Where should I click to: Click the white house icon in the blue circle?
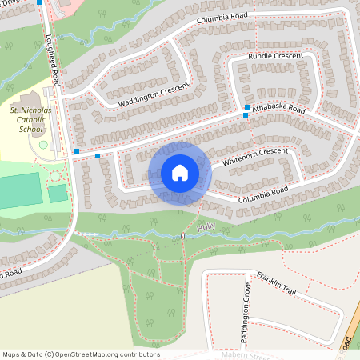[x=180, y=172]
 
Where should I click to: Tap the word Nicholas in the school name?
[x=37, y=108]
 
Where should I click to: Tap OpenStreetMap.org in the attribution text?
[x=88, y=354]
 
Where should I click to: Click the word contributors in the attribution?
[x=139, y=354]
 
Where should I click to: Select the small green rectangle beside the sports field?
[x=58, y=193]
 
